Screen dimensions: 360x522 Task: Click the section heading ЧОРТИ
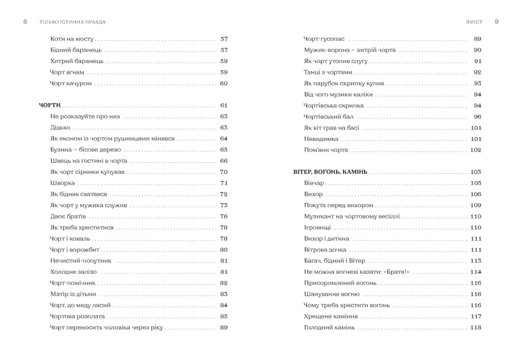coord(50,105)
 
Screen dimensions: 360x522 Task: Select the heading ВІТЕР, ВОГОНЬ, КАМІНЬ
coord(330,172)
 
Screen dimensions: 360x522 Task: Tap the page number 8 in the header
coord(25,22)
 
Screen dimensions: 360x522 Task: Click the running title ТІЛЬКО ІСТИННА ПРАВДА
coord(73,22)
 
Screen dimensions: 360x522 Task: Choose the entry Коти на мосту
coord(72,39)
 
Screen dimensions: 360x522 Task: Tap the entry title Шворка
coord(63,183)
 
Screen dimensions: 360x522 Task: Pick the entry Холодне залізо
coord(73,272)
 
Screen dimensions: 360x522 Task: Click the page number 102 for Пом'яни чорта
coord(475,150)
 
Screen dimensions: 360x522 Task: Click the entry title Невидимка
coord(321,139)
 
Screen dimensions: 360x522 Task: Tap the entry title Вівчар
coord(314,183)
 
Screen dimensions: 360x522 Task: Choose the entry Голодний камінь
coord(329,327)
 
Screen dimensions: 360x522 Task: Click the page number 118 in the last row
coord(475,327)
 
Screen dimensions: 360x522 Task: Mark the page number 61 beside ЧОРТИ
coord(223,105)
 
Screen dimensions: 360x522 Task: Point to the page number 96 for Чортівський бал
coord(477,117)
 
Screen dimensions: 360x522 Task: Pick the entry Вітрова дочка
coord(325,250)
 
